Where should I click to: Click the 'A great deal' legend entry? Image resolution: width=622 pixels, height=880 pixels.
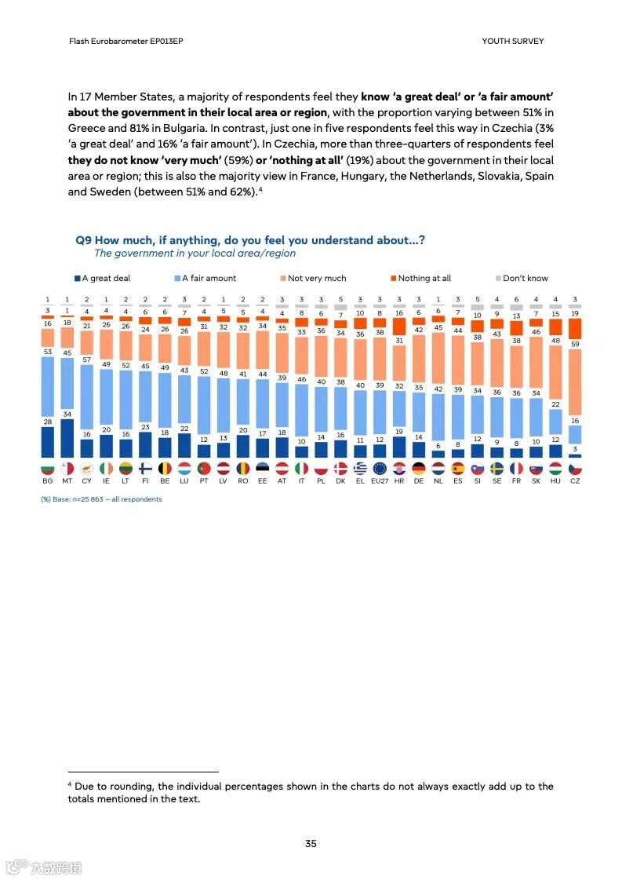point(106,278)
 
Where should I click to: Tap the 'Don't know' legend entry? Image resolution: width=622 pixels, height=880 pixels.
point(525,278)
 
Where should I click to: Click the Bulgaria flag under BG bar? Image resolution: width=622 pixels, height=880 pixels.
point(47,468)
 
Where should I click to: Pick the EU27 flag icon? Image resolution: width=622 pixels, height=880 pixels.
point(379,468)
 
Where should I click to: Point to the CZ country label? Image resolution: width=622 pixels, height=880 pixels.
point(575,480)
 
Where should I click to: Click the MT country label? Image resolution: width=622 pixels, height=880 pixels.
point(67,480)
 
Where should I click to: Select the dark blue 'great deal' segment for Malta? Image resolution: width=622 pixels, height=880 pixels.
point(67,438)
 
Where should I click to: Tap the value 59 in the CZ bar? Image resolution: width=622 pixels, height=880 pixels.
point(576,344)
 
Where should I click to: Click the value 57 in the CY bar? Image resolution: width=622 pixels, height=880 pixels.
point(86,360)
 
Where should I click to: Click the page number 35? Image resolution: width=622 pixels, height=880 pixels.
point(311,844)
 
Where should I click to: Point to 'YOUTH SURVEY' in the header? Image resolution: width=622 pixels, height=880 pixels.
point(512,41)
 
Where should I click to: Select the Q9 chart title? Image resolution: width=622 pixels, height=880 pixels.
point(250,240)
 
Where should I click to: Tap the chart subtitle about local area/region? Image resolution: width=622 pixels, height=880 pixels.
point(195,254)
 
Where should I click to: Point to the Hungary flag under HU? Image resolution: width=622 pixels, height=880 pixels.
point(555,468)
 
